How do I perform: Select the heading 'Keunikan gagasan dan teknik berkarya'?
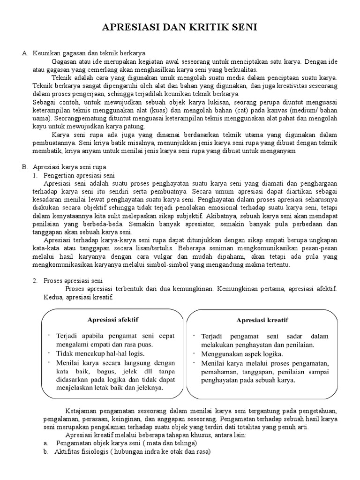click(89, 54)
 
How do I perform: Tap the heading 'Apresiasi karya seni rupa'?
click(69, 167)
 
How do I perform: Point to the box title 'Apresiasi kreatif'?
click(262, 320)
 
